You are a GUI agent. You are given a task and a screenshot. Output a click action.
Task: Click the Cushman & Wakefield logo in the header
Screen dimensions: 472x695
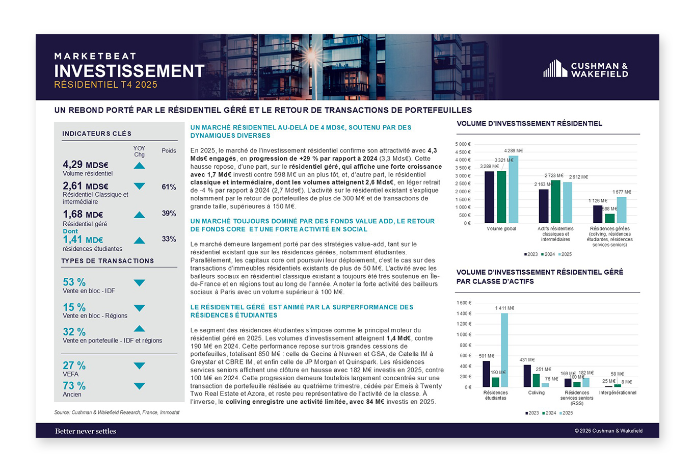(x=585, y=69)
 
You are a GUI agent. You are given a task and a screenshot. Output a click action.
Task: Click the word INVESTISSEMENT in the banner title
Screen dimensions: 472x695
(x=129, y=71)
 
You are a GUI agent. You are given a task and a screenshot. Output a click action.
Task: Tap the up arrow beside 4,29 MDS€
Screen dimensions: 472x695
(x=139, y=166)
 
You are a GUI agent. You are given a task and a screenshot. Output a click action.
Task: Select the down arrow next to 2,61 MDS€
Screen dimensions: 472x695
(x=139, y=186)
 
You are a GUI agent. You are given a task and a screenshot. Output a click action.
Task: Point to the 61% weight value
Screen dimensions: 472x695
(x=169, y=187)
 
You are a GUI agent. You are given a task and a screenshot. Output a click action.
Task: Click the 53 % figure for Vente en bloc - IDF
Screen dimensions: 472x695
(x=74, y=282)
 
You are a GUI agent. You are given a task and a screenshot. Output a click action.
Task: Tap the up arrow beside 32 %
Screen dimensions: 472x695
(x=139, y=329)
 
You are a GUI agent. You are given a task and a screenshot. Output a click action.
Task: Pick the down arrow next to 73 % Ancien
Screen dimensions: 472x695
(x=139, y=386)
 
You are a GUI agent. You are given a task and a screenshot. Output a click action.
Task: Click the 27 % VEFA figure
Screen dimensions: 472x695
(x=74, y=365)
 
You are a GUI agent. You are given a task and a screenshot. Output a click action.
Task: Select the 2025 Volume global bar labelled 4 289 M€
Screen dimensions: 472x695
(x=513, y=190)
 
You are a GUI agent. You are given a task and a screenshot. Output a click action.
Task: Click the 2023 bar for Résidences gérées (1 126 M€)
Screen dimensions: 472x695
(x=598, y=214)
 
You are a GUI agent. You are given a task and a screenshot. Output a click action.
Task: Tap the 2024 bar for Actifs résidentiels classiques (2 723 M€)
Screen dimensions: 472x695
(x=555, y=201)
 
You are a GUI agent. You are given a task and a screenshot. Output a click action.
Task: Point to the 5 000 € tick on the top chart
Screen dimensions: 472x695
(x=463, y=144)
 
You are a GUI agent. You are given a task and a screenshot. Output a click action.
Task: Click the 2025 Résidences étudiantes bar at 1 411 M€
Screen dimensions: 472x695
(x=504, y=350)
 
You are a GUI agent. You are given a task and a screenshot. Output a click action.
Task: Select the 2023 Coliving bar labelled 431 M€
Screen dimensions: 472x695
(x=527, y=376)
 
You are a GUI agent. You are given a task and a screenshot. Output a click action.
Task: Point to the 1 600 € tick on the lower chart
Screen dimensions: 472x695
(x=464, y=303)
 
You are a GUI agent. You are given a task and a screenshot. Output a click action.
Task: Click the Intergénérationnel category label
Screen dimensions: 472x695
(x=618, y=393)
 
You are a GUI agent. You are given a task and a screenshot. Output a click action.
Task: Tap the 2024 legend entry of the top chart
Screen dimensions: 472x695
(x=548, y=254)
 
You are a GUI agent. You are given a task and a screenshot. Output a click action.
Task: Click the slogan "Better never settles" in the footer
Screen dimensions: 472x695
(x=86, y=431)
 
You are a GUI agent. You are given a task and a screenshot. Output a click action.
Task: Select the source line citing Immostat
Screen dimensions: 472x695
(x=117, y=412)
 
